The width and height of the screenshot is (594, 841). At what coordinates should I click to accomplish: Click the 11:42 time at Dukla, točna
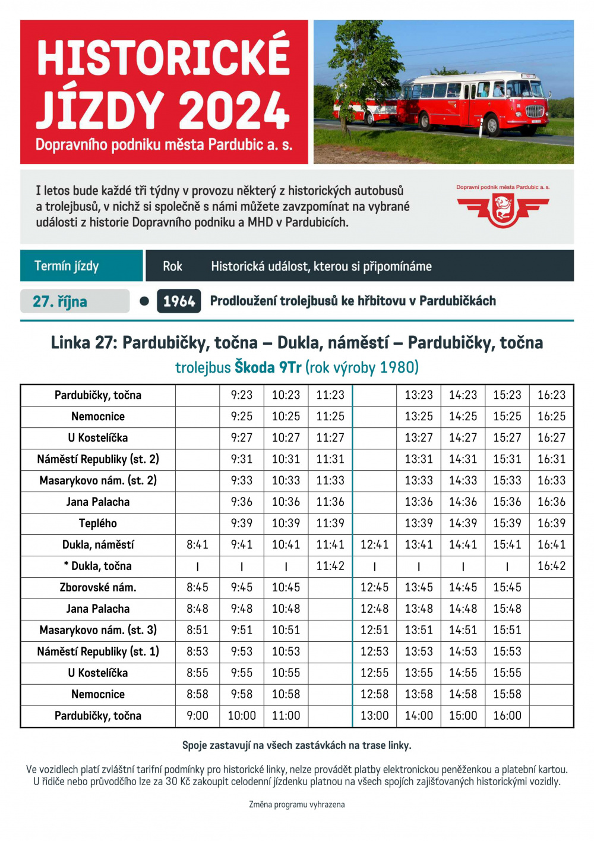pyautogui.click(x=330, y=566)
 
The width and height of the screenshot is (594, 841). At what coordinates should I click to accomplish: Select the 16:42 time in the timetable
pyautogui.click(x=551, y=566)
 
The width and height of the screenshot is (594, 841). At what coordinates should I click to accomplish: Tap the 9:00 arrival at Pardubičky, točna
pyautogui.click(x=197, y=716)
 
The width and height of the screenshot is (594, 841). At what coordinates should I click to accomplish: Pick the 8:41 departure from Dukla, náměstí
pyautogui.click(x=197, y=545)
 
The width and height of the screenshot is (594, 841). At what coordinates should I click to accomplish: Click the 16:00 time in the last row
pyautogui.click(x=507, y=716)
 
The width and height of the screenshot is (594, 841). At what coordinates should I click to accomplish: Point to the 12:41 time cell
pyautogui.click(x=374, y=545)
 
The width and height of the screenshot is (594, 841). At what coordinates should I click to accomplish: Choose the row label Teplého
pyautogui.click(x=98, y=524)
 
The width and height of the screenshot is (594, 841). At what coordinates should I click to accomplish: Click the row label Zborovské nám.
pyautogui.click(x=98, y=588)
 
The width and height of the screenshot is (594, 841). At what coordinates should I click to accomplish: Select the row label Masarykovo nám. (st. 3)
pyautogui.click(x=98, y=631)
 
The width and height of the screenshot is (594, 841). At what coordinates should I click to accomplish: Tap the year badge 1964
pyautogui.click(x=179, y=301)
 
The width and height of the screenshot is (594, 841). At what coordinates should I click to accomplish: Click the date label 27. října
pyautogui.click(x=60, y=301)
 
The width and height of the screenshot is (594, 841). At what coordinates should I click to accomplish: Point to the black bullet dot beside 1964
pyautogui.click(x=144, y=301)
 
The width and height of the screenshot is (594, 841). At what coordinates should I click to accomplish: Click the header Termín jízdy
pyautogui.click(x=67, y=266)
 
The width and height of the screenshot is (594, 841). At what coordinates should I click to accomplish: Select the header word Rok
pyautogui.click(x=172, y=266)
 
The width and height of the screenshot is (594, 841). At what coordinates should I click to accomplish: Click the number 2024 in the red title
pyautogui.click(x=234, y=111)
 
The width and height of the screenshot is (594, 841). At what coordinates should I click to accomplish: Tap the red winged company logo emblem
pyautogui.click(x=503, y=210)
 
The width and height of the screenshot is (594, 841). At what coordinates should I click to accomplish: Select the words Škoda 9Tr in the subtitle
pyautogui.click(x=268, y=367)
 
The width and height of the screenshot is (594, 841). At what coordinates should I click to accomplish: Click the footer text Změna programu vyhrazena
pyautogui.click(x=297, y=805)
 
